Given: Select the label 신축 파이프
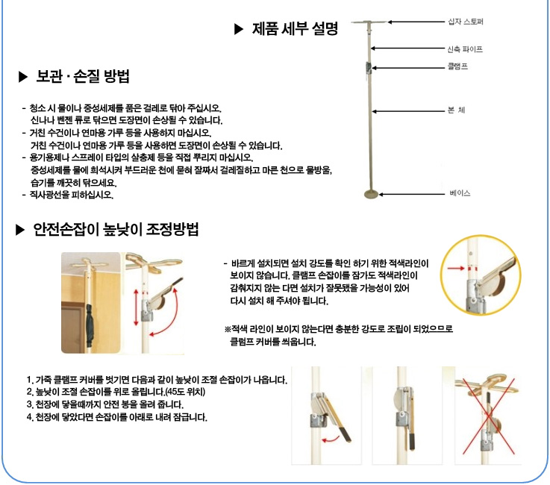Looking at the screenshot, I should pos(464,49).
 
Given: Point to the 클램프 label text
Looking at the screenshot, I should pos(457,66).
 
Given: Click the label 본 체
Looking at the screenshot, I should pos(457,111).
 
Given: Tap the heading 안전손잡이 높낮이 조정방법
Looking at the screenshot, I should pos(116,229).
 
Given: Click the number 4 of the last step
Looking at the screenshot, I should pos(28,416).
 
